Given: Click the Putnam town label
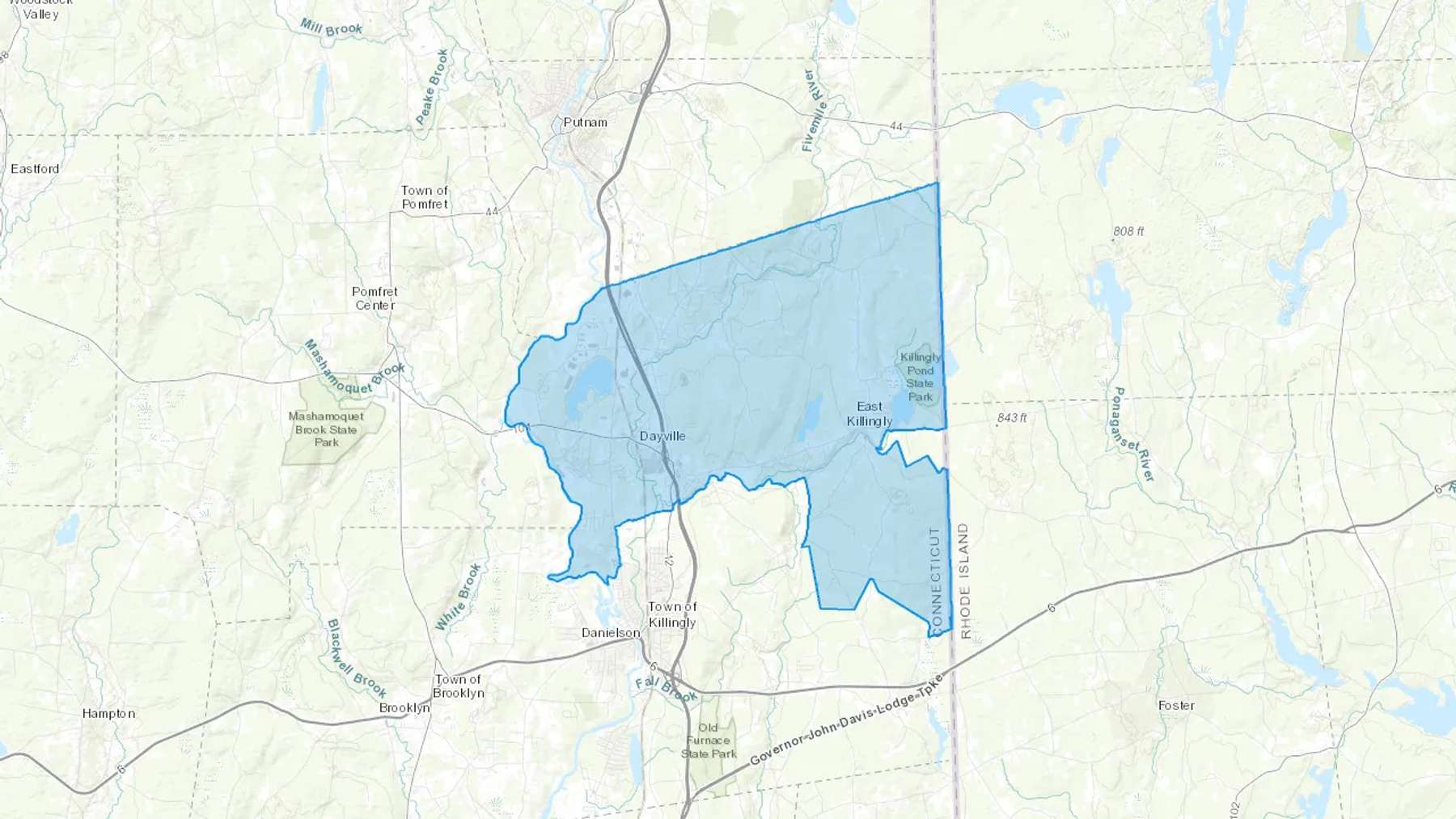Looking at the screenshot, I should pyautogui.click(x=585, y=122).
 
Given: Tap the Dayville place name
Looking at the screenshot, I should pyautogui.click(x=662, y=436).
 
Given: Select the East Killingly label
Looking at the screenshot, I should pyautogui.click(x=870, y=413).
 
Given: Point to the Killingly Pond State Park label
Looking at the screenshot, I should pyautogui.click(x=921, y=377).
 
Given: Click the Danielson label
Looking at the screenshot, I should pyautogui.click(x=611, y=632).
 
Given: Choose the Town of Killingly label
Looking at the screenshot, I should pyautogui.click(x=672, y=614).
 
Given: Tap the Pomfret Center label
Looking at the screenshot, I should pyautogui.click(x=375, y=298).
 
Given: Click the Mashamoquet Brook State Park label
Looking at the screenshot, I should pyautogui.click(x=327, y=429).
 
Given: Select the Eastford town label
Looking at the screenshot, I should pyautogui.click(x=35, y=169).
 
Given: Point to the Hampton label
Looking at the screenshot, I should pyautogui.click(x=108, y=713).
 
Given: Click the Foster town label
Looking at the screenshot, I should pyautogui.click(x=1176, y=705).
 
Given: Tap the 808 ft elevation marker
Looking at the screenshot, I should pyautogui.click(x=1128, y=231).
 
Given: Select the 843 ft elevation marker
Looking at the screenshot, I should pyautogui.click(x=1011, y=418).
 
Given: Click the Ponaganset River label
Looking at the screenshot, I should pyautogui.click(x=1132, y=434).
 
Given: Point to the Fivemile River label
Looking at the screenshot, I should pyautogui.click(x=814, y=111).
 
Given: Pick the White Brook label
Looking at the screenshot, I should pyautogui.click(x=459, y=597).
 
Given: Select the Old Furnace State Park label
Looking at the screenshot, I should pyautogui.click(x=709, y=741).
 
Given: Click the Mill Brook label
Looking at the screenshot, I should pyautogui.click(x=332, y=27).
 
